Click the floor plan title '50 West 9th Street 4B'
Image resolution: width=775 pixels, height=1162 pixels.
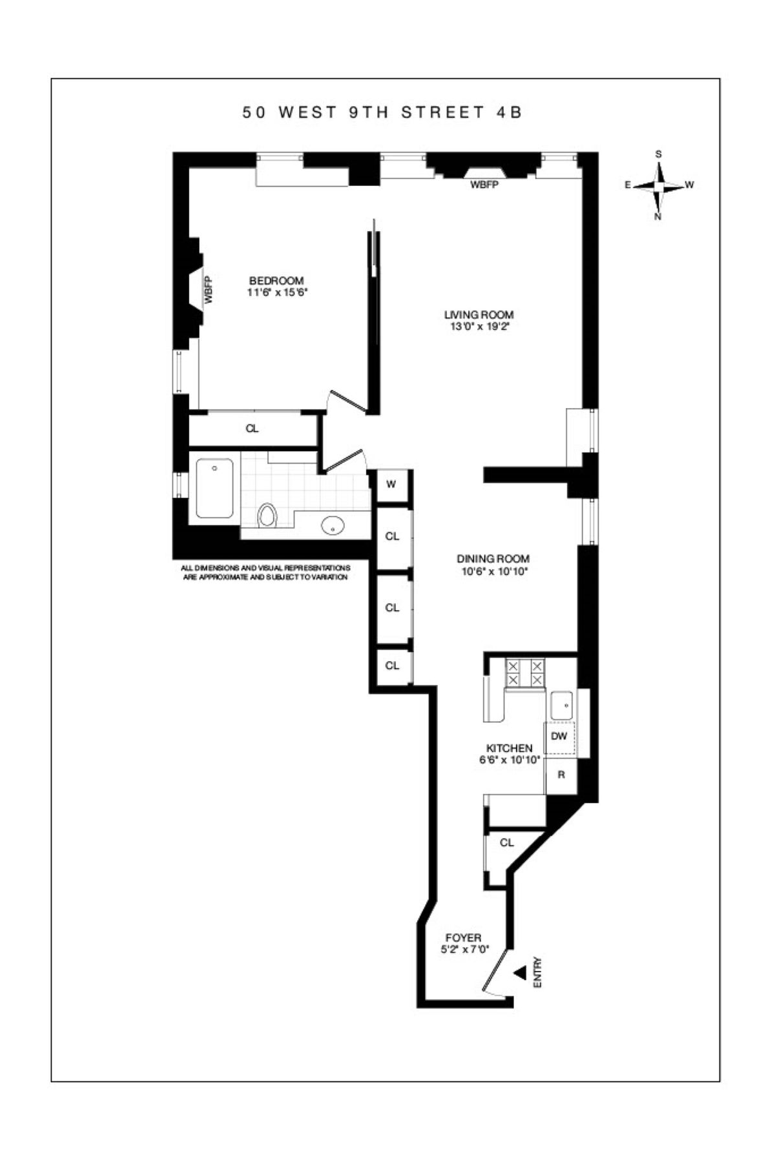[382, 112]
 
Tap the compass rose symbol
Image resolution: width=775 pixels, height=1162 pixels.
[658, 186]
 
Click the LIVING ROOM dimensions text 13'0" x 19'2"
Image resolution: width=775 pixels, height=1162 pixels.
[479, 327]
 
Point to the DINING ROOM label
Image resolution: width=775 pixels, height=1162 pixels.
[493, 559]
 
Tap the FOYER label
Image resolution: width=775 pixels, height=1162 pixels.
[463, 938]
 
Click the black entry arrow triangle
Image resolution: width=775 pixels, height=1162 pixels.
[520, 973]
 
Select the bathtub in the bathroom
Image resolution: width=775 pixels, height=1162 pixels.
[214, 488]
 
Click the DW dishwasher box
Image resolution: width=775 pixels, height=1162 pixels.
[559, 736]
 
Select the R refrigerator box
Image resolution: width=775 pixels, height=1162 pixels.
[561, 775]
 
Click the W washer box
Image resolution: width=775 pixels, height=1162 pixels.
[391, 484]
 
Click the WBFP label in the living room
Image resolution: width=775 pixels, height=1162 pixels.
[484, 185]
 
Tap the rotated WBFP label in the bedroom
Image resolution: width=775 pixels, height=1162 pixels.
[209, 290]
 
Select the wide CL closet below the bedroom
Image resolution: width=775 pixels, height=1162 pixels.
[252, 429]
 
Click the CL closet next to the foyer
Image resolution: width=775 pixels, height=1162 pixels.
[507, 842]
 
